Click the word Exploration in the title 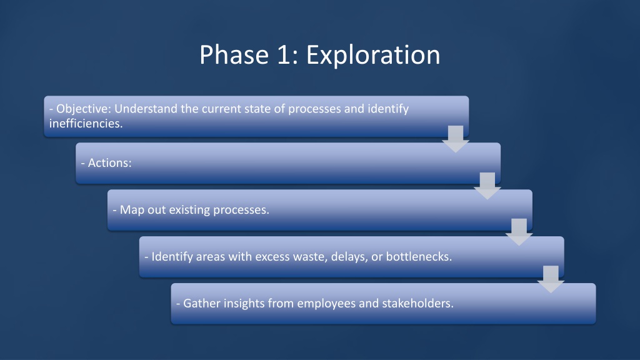(373, 55)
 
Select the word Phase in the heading (234, 55)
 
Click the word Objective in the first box (84, 109)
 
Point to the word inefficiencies (86, 123)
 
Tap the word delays (349, 257)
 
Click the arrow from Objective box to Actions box (456, 139)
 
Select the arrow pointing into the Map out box (487, 186)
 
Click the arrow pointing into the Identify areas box (519, 232)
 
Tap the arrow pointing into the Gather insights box (551, 279)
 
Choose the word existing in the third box (189, 210)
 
